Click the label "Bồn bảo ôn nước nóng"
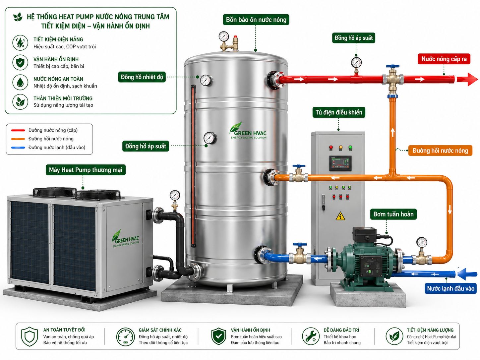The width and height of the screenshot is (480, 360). click(x=256, y=20)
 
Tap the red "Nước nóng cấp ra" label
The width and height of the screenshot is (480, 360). click(x=444, y=59)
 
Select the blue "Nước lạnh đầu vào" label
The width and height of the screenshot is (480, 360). click(x=450, y=288)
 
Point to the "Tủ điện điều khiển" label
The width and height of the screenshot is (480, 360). click(x=339, y=112)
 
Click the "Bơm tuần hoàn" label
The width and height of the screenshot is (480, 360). click(x=393, y=214)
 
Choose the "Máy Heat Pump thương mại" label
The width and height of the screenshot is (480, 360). click(x=86, y=170)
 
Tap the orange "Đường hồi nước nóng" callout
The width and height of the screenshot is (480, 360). click(x=440, y=150)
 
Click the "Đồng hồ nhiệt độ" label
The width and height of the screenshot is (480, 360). click(x=142, y=77)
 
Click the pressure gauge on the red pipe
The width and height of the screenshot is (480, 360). click(x=356, y=63)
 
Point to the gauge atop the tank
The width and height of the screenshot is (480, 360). click(x=223, y=36)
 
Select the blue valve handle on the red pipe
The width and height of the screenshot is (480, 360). click(x=392, y=66)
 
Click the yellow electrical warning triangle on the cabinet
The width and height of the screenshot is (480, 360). click(x=340, y=216)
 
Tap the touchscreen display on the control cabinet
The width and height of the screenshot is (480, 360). click(x=340, y=163)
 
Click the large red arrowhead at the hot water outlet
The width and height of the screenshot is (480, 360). click(x=472, y=79)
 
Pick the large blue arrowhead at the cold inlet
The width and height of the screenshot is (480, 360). click(x=462, y=274)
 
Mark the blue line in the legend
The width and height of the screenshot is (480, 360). click(x=18, y=148)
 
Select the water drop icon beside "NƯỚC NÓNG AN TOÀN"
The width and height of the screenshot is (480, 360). click(x=20, y=82)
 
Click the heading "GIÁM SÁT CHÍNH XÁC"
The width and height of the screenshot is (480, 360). click(x=160, y=330)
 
